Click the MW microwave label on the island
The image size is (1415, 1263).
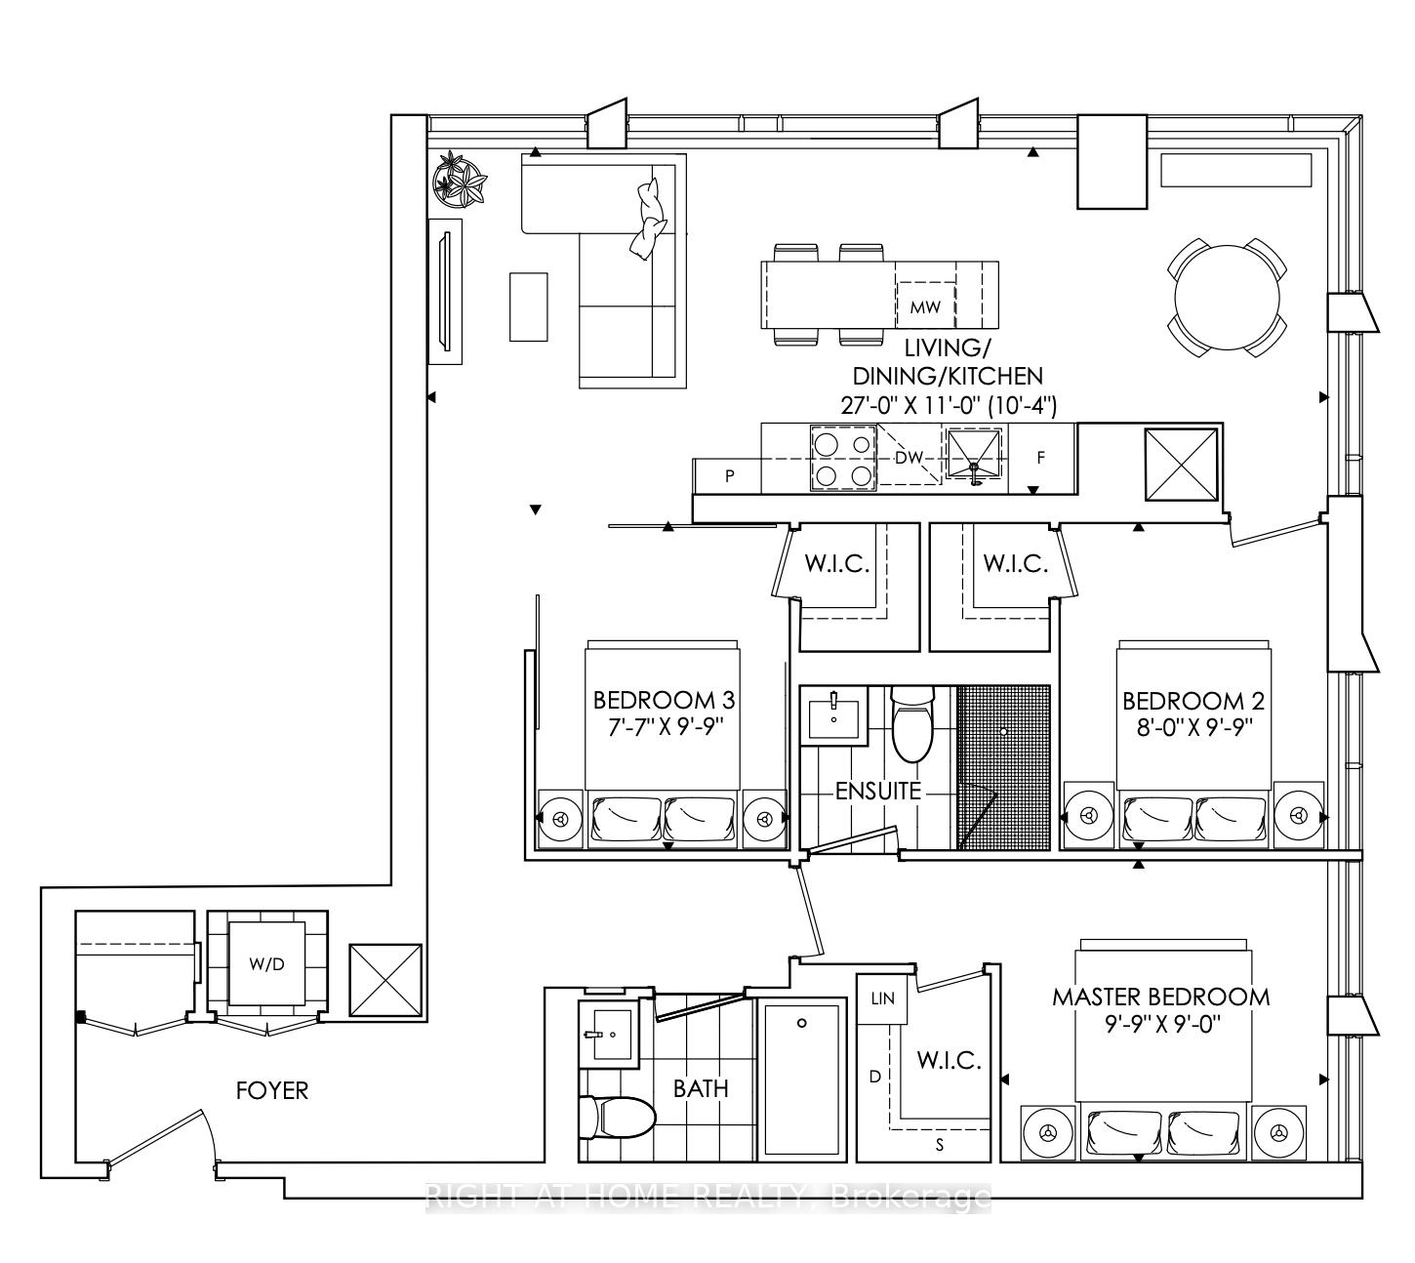[924, 306]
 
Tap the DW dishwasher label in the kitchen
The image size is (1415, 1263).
[909, 458]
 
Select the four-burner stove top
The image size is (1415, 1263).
[844, 459]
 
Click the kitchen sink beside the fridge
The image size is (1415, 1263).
[973, 455]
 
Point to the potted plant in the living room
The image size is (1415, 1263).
[459, 179]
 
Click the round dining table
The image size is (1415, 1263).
[1227, 298]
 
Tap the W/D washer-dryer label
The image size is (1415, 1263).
[266, 964]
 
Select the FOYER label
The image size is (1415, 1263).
[271, 1090]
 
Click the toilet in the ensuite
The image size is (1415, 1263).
[912, 723]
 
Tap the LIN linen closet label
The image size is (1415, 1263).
[882, 998]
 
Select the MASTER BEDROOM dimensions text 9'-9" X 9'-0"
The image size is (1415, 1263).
[1160, 1025]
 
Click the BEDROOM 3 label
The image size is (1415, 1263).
[664, 700]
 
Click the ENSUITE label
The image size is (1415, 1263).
[878, 791]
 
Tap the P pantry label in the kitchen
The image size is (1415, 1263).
[729, 476]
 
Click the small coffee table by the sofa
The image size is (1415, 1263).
[528, 307]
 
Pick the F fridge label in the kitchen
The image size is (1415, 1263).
[1040, 458]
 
